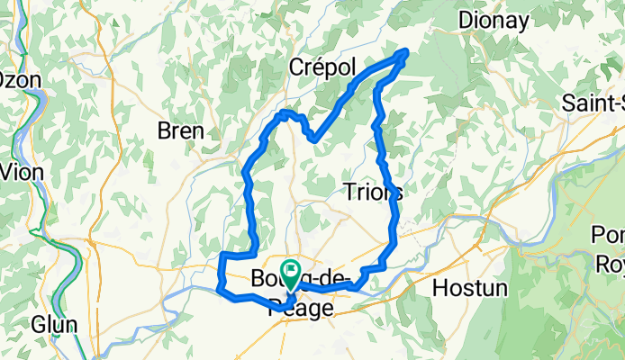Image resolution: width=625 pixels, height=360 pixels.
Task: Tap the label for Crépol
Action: click(323, 67)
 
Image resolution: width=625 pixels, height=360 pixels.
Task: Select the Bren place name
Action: click(180, 130)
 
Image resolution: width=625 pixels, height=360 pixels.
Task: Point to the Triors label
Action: click(373, 191)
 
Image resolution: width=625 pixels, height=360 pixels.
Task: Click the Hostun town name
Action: click(470, 289)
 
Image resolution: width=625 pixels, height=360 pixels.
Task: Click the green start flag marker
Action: click(291, 270)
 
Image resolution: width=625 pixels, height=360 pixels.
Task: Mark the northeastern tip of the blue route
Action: click(406, 52)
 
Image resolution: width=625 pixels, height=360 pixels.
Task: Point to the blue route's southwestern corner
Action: click(221, 289)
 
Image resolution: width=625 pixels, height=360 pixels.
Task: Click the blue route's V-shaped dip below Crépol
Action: click(312, 139)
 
